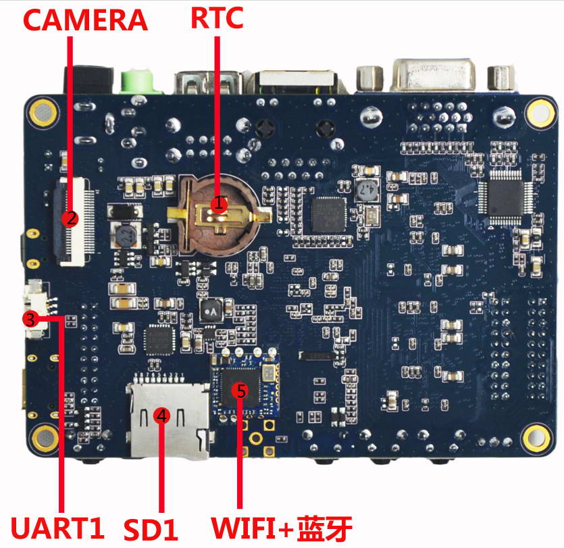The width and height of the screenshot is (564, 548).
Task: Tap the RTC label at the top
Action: tap(217, 18)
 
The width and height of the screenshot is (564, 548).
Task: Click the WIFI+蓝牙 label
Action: tap(282, 527)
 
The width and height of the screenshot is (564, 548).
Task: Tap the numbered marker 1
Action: tap(217, 203)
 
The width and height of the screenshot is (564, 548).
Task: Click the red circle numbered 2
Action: tap(69, 218)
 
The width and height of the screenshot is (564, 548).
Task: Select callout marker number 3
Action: tap(30, 318)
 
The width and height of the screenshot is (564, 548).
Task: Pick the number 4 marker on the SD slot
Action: tap(161, 416)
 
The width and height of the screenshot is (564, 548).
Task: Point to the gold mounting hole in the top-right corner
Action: tap(540, 111)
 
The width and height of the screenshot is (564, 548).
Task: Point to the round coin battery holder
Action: tap(217, 212)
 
